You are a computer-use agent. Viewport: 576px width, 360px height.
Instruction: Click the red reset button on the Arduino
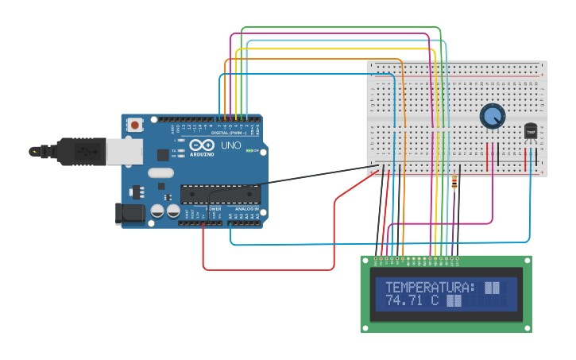[136, 124]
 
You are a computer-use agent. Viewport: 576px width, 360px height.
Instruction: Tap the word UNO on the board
[230, 145]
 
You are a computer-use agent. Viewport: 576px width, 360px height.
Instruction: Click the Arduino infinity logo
[201, 145]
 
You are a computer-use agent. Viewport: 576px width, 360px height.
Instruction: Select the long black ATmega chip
[220, 193]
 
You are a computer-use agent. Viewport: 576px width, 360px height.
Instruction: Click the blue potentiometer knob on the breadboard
[493, 117]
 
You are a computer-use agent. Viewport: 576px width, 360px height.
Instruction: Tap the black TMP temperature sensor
[531, 130]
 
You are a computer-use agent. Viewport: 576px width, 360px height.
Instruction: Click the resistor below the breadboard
[454, 183]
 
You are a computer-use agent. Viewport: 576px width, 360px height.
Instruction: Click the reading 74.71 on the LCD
[404, 301]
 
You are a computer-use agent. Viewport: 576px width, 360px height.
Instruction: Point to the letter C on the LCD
[435, 301]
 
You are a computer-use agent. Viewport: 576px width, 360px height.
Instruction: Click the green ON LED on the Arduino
[252, 150]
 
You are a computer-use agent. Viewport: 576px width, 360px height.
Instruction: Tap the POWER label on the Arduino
[212, 209]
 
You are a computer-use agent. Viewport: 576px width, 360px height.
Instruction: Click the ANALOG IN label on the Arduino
[245, 209]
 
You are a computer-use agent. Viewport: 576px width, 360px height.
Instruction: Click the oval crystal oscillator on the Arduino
[160, 172]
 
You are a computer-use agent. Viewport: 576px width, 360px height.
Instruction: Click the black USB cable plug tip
[34, 150]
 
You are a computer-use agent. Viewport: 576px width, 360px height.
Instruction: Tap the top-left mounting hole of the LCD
[366, 261]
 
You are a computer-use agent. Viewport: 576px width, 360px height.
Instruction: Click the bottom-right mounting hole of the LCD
[527, 327]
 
